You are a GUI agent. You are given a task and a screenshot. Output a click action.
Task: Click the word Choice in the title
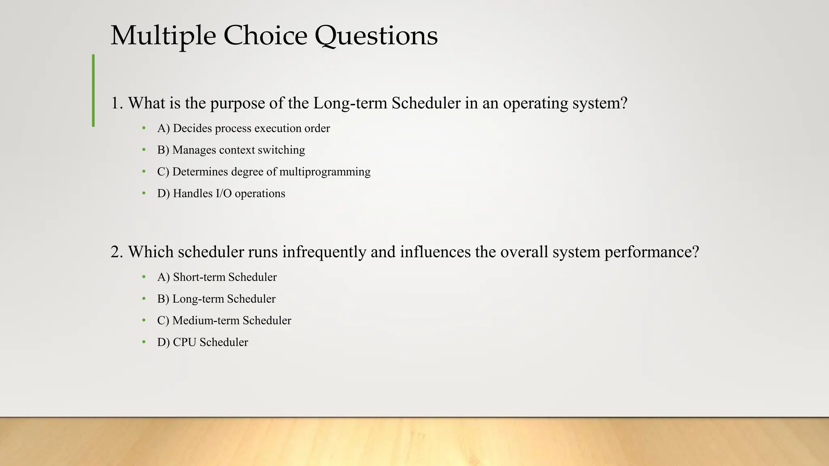point(265,36)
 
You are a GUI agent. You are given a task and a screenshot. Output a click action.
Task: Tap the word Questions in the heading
point(376,36)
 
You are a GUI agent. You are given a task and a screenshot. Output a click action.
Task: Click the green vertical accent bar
point(94,91)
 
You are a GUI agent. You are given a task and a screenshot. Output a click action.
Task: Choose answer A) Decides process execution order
point(243,129)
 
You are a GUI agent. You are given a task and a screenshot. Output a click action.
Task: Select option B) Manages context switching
point(231,150)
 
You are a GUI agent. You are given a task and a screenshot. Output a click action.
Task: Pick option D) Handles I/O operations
point(221,194)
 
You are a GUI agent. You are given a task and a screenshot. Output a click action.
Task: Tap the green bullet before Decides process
point(144,128)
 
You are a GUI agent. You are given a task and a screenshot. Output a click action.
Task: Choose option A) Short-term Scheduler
point(217,277)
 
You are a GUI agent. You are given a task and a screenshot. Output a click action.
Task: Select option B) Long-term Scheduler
point(216,299)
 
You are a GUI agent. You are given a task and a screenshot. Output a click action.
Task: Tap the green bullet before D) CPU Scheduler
point(144,342)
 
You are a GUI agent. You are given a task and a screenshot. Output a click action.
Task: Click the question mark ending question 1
point(623,103)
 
